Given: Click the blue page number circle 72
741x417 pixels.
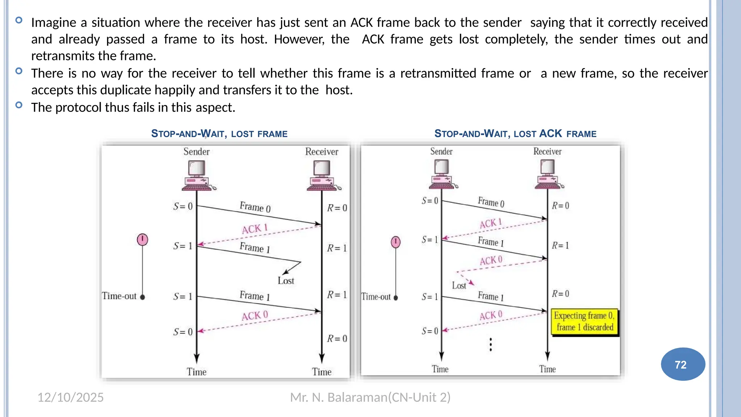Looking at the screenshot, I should click(x=683, y=364).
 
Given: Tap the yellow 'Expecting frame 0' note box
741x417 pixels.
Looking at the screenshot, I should click(x=584, y=321).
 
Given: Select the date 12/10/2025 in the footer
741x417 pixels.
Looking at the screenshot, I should click(x=71, y=397).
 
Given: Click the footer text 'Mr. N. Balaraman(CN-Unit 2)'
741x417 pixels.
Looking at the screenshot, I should click(x=370, y=397).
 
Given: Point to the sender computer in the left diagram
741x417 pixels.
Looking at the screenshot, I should click(x=198, y=176).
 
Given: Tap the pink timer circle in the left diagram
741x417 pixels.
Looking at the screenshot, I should click(x=143, y=239).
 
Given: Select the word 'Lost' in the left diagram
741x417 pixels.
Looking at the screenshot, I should click(x=286, y=281).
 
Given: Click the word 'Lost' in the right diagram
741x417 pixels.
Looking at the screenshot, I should click(x=459, y=286).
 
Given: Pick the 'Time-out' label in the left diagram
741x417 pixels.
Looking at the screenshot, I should click(x=119, y=296).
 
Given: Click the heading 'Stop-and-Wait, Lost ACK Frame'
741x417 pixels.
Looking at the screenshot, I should click(x=515, y=134).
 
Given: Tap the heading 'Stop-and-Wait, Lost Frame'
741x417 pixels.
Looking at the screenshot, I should click(x=219, y=134).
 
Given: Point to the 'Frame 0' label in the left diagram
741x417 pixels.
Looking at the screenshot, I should click(x=255, y=207).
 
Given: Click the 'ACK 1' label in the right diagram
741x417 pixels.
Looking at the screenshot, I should click(x=491, y=223).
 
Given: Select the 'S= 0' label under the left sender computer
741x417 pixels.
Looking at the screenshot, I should click(x=183, y=206).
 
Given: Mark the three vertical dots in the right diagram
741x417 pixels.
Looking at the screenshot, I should click(x=491, y=345).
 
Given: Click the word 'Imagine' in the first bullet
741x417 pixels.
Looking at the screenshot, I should click(x=53, y=23).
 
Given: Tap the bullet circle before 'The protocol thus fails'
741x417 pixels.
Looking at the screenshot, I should click(x=19, y=105).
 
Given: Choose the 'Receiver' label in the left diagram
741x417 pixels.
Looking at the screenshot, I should click(x=322, y=152).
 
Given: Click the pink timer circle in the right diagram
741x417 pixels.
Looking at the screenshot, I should click(x=396, y=241).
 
